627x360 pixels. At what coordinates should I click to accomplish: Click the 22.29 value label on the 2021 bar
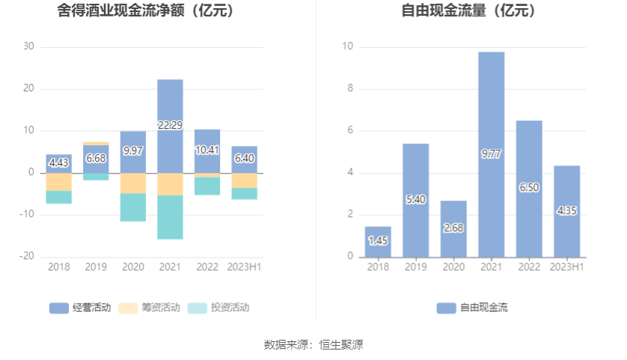click(x=170, y=125)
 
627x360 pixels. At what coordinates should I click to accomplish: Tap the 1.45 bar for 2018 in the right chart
click(x=378, y=241)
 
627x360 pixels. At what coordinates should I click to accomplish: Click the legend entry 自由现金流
click(x=472, y=308)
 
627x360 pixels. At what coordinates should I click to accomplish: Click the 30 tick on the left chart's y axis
click(x=28, y=46)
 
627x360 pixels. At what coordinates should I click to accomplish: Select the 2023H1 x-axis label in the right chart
click(x=566, y=267)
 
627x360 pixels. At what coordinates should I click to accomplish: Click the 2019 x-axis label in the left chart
click(x=96, y=267)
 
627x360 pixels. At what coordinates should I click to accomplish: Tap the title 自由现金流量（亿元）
click(x=469, y=11)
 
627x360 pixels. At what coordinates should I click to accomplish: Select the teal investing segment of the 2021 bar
click(x=170, y=217)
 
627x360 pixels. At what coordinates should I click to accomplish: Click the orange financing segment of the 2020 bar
click(x=133, y=183)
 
